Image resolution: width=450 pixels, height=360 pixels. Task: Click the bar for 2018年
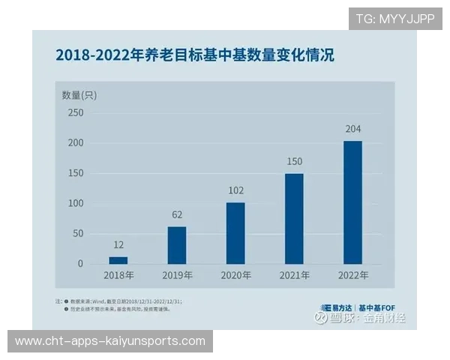pyautogui.click(x=118, y=260)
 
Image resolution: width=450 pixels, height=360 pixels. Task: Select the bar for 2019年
pyautogui.click(x=177, y=245)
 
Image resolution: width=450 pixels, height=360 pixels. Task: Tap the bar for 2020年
pyautogui.click(x=235, y=233)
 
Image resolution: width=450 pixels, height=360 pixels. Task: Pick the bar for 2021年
pyautogui.click(x=294, y=218)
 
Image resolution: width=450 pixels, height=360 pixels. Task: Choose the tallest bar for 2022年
pyautogui.click(x=352, y=202)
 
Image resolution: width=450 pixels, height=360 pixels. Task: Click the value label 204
pyautogui.click(x=352, y=129)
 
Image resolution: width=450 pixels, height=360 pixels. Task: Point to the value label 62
pyautogui.click(x=177, y=214)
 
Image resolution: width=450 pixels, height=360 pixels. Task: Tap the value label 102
pyautogui.click(x=235, y=190)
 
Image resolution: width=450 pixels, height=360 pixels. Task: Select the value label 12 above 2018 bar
pyautogui.click(x=118, y=245)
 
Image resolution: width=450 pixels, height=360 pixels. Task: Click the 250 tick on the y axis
pyautogui.click(x=76, y=113)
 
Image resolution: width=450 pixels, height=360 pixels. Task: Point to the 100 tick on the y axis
pyautogui.click(x=76, y=203)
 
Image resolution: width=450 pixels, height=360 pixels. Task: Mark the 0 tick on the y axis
pyautogui.click(x=80, y=264)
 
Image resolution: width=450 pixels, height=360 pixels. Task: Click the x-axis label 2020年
pyautogui.click(x=235, y=276)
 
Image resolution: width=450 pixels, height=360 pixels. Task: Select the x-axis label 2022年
pyautogui.click(x=352, y=276)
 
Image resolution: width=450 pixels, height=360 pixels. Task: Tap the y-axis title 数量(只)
pyautogui.click(x=79, y=94)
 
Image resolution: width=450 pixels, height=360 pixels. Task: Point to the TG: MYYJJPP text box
pyautogui.click(x=395, y=19)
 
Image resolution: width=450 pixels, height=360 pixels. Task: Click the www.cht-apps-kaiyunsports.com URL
pyautogui.click(x=110, y=341)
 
